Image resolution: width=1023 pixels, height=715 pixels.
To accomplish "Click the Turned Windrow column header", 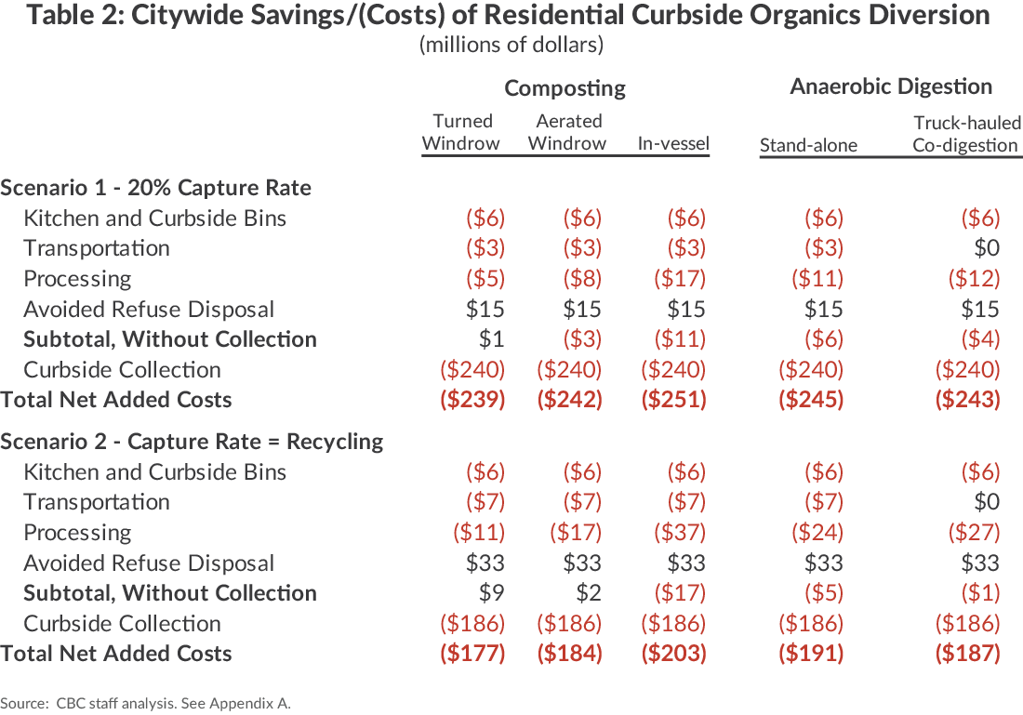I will coord(461,132).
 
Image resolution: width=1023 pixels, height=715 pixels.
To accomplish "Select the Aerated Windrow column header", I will coord(567,132).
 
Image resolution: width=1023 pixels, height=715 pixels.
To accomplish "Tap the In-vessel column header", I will coord(673,143).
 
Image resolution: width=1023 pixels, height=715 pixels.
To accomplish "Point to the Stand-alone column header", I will coord(808,144).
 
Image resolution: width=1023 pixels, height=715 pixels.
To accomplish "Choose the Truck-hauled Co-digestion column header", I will coord(966,133).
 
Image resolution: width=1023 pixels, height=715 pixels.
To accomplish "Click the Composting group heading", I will coord(565,88).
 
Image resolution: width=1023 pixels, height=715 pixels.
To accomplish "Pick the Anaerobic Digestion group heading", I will coord(890,86).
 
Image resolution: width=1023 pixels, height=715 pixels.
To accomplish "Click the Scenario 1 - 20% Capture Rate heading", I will coord(156,188).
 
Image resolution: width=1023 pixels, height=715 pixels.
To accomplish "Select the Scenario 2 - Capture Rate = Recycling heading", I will coord(192,442).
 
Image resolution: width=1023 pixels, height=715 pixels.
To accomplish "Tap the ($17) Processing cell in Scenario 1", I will coord(674,279).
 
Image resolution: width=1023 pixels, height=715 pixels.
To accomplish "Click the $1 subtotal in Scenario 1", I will coord(494,339).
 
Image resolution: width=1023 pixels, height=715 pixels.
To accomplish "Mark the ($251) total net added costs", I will coord(673,400).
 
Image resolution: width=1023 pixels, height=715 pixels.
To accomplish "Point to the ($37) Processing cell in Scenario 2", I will coord(674,533).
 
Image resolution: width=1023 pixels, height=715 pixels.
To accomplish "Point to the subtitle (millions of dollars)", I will coord(511,45).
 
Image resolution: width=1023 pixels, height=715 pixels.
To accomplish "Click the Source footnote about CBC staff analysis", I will coord(145,703).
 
